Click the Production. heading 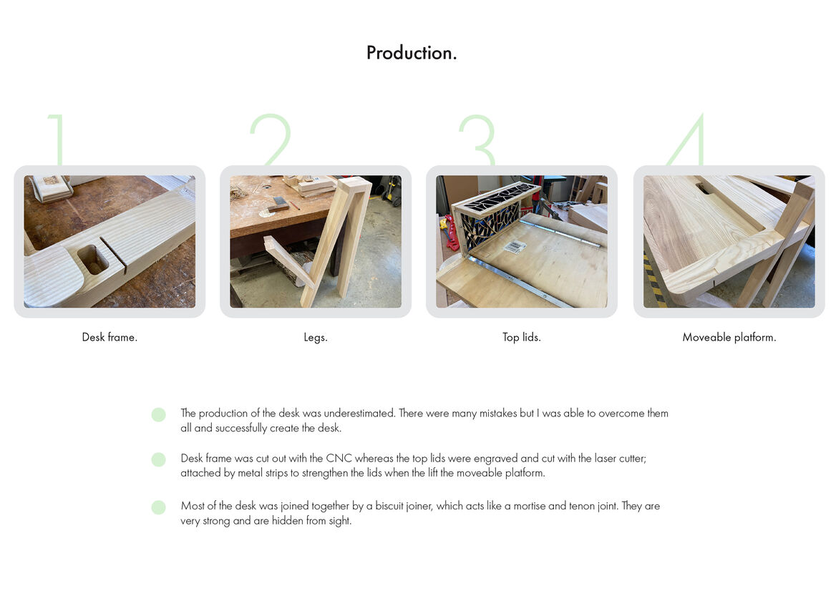pyautogui.click(x=411, y=53)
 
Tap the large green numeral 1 pyautogui.click(x=57, y=140)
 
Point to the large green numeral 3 pyautogui.click(x=477, y=140)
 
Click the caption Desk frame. pyautogui.click(x=110, y=337)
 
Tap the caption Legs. pyautogui.click(x=316, y=338)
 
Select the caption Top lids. pyautogui.click(x=522, y=337)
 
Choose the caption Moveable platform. pyautogui.click(x=729, y=337)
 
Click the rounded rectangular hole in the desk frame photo pyautogui.click(x=93, y=260)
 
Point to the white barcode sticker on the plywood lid pyautogui.click(x=515, y=247)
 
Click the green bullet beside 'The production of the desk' pyautogui.click(x=158, y=414)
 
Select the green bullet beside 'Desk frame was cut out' pyautogui.click(x=158, y=459)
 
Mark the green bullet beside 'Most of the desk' pyautogui.click(x=158, y=507)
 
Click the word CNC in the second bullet pyautogui.click(x=339, y=459)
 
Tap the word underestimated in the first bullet pyautogui.click(x=360, y=413)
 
